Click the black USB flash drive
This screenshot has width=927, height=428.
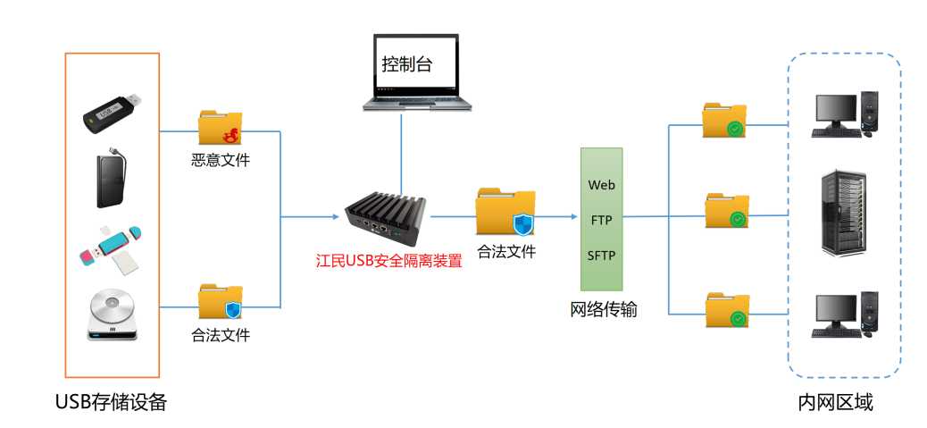point(112,112)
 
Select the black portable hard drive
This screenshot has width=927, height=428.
point(112,179)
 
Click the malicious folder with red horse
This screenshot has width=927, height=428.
point(220,129)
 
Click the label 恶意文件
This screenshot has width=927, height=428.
point(220,161)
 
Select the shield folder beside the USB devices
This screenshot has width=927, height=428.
point(220,302)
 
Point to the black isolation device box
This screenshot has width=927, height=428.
point(387,215)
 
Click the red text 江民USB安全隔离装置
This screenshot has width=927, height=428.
point(388,262)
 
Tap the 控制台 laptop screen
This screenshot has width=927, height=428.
point(415,65)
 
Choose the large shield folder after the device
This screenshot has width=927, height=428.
point(505,213)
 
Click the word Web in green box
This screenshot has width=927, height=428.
point(601,185)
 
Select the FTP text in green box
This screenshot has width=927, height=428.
point(601,220)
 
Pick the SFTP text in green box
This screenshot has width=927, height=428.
point(601,256)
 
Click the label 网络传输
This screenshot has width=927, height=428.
point(604,310)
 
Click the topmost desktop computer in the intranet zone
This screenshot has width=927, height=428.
point(839,114)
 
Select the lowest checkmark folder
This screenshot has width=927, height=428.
point(726,309)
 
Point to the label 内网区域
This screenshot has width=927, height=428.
point(835,403)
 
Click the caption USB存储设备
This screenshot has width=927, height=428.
point(111,403)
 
